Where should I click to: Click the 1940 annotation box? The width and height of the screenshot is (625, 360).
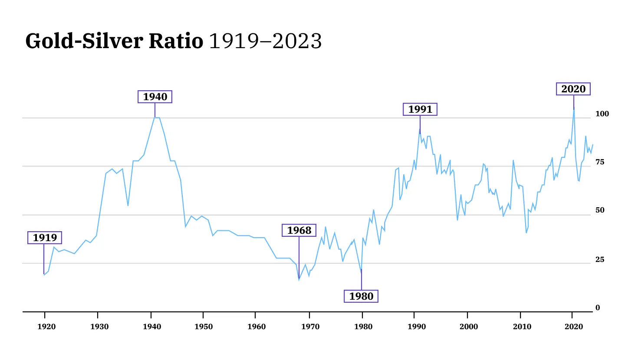pyautogui.click(x=155, y=97)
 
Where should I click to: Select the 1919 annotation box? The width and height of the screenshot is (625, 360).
pyautogui.click(x=45, y=238)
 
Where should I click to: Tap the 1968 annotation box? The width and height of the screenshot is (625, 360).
pyautogui.click(x=299, y=230)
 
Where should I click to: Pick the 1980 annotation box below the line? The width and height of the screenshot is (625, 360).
pyautogui.click(x=361, y=296)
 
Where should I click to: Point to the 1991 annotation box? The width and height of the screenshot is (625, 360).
pyautogui.click(x=420, y=109)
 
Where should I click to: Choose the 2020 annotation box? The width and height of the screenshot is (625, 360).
pyautogui.click(x=573, y=89)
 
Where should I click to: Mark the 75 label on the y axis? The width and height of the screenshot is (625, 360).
pyautogui.click(x=600, y=162)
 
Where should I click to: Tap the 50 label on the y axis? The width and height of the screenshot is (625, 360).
pyautogui.click(x=600, y=210)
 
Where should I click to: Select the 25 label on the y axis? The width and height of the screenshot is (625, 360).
pyautogui.click(x=600, y=259)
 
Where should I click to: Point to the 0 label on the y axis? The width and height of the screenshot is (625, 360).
pyautogui.click(x=598, y=308)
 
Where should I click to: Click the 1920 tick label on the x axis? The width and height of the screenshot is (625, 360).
pyautogui.click(x=46, y=327)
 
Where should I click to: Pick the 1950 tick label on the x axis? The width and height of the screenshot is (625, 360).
pyautogui.click(x=204, y=327)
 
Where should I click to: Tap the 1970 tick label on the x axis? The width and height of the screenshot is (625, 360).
pyautogui.click(x=309, y=327)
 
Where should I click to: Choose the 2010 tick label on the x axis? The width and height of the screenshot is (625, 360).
pyautogui.click(x=520, y=327)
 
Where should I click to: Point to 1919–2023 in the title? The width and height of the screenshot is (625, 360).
pyautogui.click(x=266, y=41)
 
